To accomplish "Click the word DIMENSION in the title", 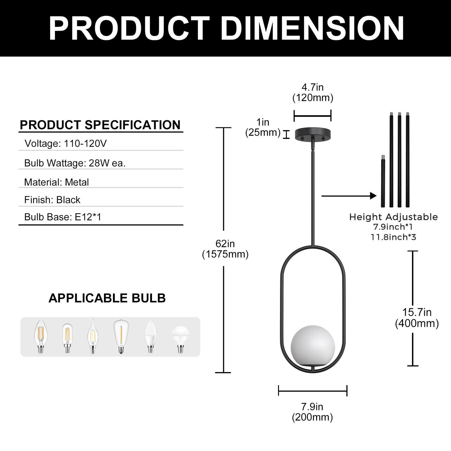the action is pos(312,28).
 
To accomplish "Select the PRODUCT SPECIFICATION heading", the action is pos(100,125).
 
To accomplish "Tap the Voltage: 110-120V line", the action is pos(66,143).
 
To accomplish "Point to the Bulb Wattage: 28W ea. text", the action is pos(75,163).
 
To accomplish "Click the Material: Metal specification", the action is pos(56,182).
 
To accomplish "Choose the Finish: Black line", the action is pos(52,200).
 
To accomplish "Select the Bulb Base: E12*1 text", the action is pos(63,217).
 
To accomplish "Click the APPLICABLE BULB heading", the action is pos(107,298).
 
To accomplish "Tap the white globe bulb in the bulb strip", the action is pos(180,340).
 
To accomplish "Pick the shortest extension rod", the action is pos(383,181).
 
